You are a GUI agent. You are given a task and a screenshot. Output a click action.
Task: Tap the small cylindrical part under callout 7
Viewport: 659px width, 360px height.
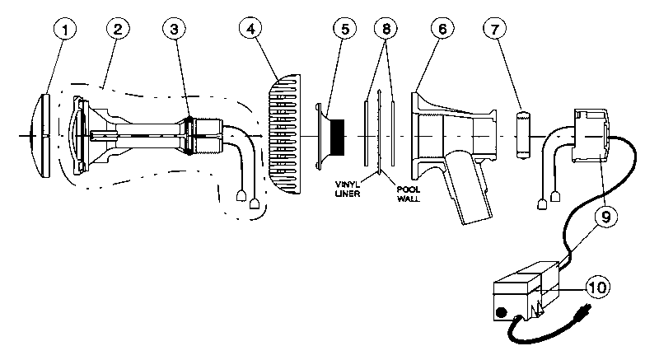(521, 134)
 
